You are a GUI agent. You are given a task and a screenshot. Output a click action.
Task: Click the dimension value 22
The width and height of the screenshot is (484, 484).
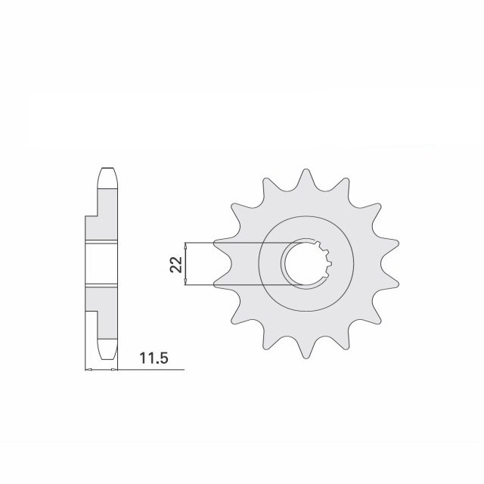coord(175,263)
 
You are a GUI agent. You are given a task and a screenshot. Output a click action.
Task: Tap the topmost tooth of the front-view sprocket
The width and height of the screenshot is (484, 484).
coord(306,178)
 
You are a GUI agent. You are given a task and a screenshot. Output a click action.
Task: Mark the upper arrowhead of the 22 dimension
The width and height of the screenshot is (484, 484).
coord(186,245)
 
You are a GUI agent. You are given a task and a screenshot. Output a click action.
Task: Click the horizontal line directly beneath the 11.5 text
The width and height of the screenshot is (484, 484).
coord(151,370)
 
